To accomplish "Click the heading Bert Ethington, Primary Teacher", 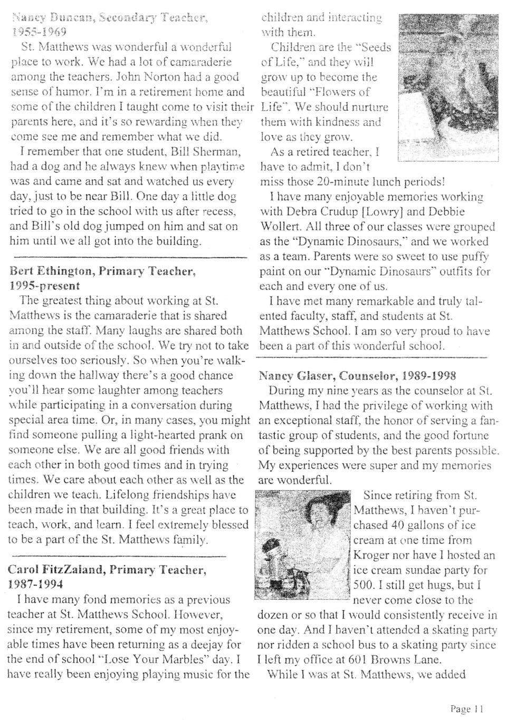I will tap(103, 271).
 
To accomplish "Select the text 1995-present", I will tap(44, 286).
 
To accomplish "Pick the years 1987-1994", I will tap(36, 585).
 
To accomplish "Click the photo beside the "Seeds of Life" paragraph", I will tap(447, 87).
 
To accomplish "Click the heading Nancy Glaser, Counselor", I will tap(328, 376).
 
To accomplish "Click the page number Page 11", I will tap(466, 709).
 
